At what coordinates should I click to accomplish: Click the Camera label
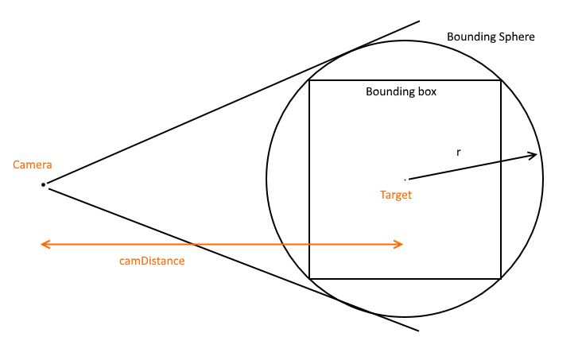tap(33, 165)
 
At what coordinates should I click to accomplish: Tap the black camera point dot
tap(44, 184)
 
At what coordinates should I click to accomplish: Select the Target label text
tap(396, 195)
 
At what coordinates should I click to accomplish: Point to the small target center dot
tap(405, 179)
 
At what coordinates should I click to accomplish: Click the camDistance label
tap(151, 261)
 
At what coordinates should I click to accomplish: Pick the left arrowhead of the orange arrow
tap(44, 244)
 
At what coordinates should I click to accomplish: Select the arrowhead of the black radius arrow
tap(535, 155)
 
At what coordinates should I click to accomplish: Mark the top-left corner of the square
tap(309, 80)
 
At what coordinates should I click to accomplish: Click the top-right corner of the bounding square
tap(501, 80)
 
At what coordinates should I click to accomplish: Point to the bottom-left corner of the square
tap(309, 278)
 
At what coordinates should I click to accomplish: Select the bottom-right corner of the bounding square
tap(501, 278)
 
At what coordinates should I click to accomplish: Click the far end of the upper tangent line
tap(419, 21)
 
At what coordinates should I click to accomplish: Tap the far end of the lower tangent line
tap(417, 330)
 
